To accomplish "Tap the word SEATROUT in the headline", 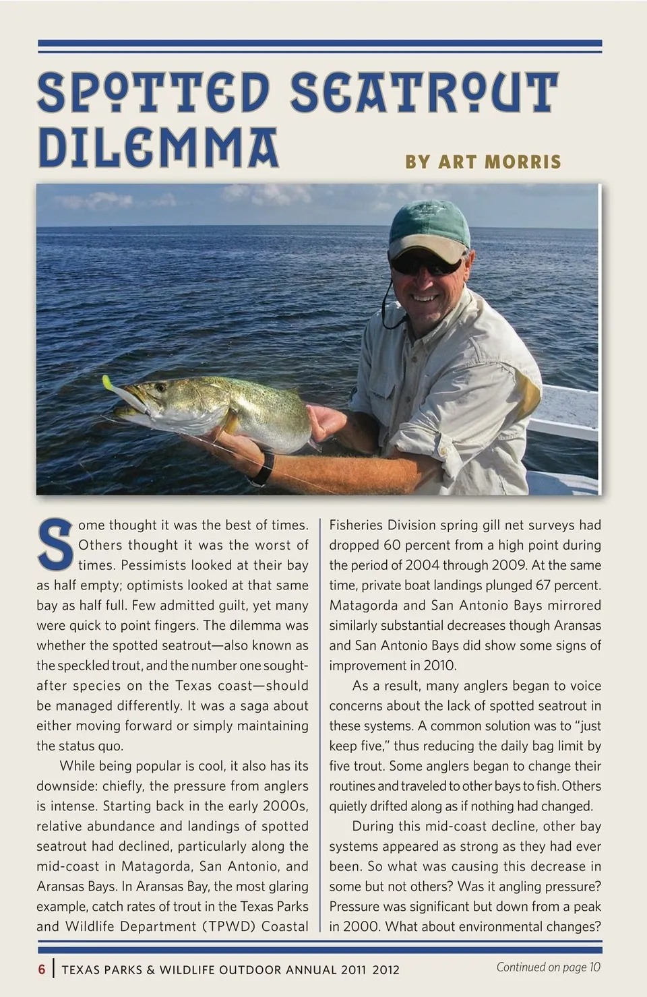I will tap(425, 92).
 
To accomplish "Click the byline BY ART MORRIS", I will tap(483, 162).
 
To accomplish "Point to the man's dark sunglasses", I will tap(426, 263).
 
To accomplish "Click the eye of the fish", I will tap(160, 387).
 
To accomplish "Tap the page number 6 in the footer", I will tap(42, 969).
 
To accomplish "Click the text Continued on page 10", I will tap(548, 967).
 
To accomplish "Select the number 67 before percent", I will tap(545, 585).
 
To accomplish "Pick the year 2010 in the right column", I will tap(439, 666).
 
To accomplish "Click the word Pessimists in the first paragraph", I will tap(152, 565).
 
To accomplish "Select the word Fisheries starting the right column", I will tap(356, 525).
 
